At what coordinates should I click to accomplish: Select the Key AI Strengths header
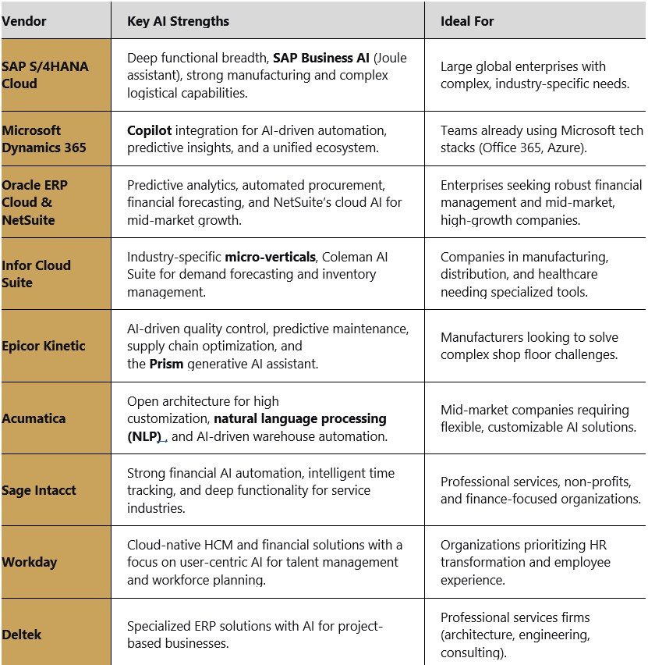coord(178,21)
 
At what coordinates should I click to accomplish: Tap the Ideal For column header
coord(467,21)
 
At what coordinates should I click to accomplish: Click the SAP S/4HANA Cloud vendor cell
coord(45,75)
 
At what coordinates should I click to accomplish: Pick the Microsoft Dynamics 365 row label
coord(44,138)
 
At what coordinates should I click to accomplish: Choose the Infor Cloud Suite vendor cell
coord(37,273)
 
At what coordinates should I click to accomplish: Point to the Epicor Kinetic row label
coord(44,346)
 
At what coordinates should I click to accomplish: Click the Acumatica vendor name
coord(34,418)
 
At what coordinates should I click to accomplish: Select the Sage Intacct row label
coord(39,490)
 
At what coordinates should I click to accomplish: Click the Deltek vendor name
coord(22,634)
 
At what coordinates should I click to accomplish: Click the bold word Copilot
coord(150,130)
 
